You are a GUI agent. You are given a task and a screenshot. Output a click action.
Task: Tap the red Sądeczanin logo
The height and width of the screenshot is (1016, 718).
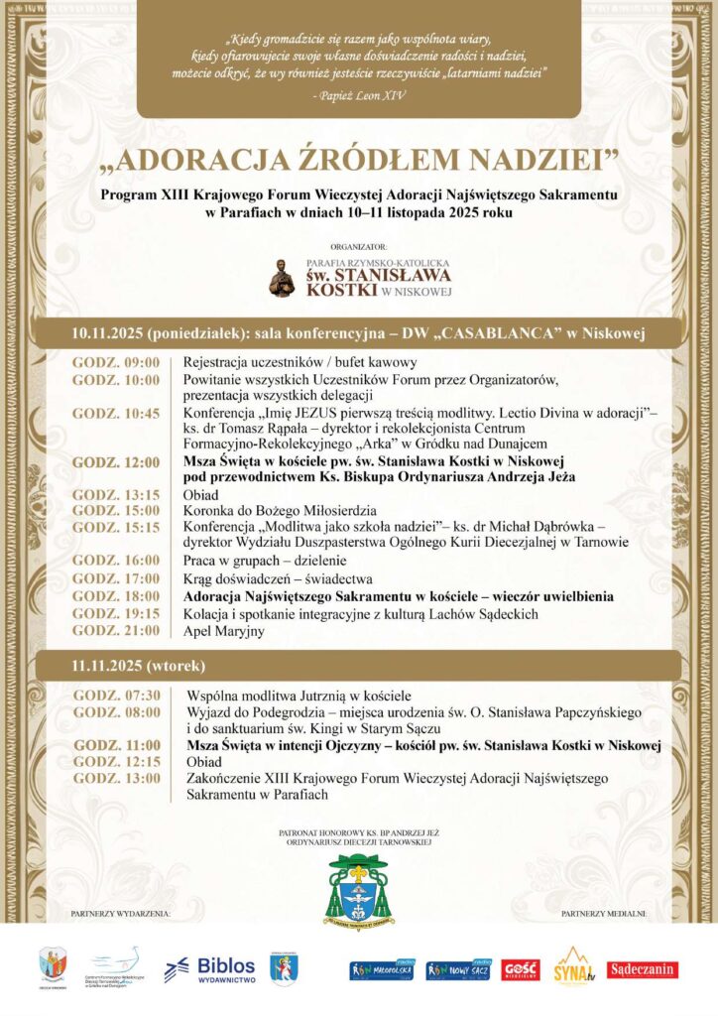point(643,969)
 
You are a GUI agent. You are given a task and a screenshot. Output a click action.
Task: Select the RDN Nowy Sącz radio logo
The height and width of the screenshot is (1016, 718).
point(458,968)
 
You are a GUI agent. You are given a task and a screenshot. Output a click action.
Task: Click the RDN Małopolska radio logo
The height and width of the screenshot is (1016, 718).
point(382,968)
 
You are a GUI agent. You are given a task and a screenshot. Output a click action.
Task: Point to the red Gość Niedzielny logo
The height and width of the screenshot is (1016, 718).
point(521,968)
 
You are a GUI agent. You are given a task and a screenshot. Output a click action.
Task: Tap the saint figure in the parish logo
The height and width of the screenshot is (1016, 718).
point(283,279)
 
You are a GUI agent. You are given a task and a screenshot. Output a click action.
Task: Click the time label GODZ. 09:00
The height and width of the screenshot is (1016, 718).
point(116,363)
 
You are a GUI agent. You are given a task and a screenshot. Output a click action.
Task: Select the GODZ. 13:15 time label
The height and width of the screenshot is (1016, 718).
point(116,494)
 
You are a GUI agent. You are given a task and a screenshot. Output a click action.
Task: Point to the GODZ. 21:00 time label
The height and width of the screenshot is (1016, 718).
point(116,631)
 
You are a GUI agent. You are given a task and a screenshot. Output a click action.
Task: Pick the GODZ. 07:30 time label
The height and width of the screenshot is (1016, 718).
point(116,696)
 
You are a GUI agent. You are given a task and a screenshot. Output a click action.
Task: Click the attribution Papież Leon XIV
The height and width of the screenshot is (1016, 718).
point(358,95)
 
